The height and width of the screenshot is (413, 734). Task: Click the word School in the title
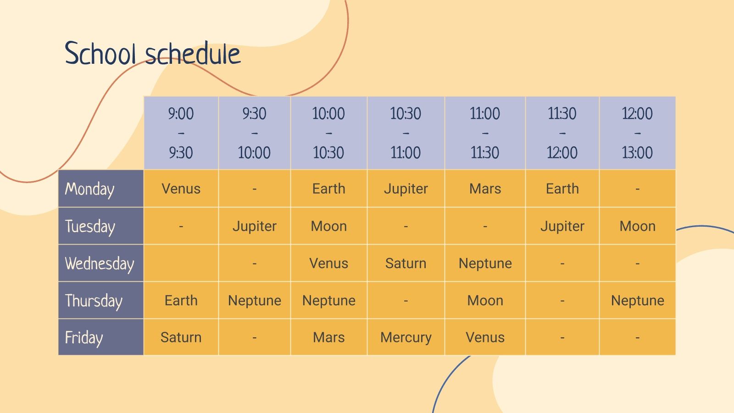(100, 53)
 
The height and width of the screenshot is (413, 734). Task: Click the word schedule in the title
(193, 53)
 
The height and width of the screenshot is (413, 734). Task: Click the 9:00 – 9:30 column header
(181, 133)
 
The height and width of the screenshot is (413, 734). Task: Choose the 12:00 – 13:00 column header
(637, 133)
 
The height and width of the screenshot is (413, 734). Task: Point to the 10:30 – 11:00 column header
(406, 133)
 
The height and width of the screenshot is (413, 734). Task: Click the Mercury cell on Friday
(406, 337)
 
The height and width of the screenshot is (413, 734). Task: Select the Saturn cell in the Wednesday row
(406, 263)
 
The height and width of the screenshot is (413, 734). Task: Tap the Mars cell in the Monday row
(485, 189)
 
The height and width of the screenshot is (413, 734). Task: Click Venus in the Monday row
(181, 189)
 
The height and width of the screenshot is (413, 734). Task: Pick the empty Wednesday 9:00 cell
(181, 263)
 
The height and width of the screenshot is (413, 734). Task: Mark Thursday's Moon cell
(485, 300)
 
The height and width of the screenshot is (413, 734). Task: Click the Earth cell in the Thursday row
(181, 300)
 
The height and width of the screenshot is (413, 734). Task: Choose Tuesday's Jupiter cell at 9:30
(254, 226)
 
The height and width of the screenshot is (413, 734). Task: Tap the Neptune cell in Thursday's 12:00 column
(637, 300)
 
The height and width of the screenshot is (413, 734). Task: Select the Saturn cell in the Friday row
(181, 337)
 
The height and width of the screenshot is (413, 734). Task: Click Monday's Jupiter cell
(406, 189)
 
